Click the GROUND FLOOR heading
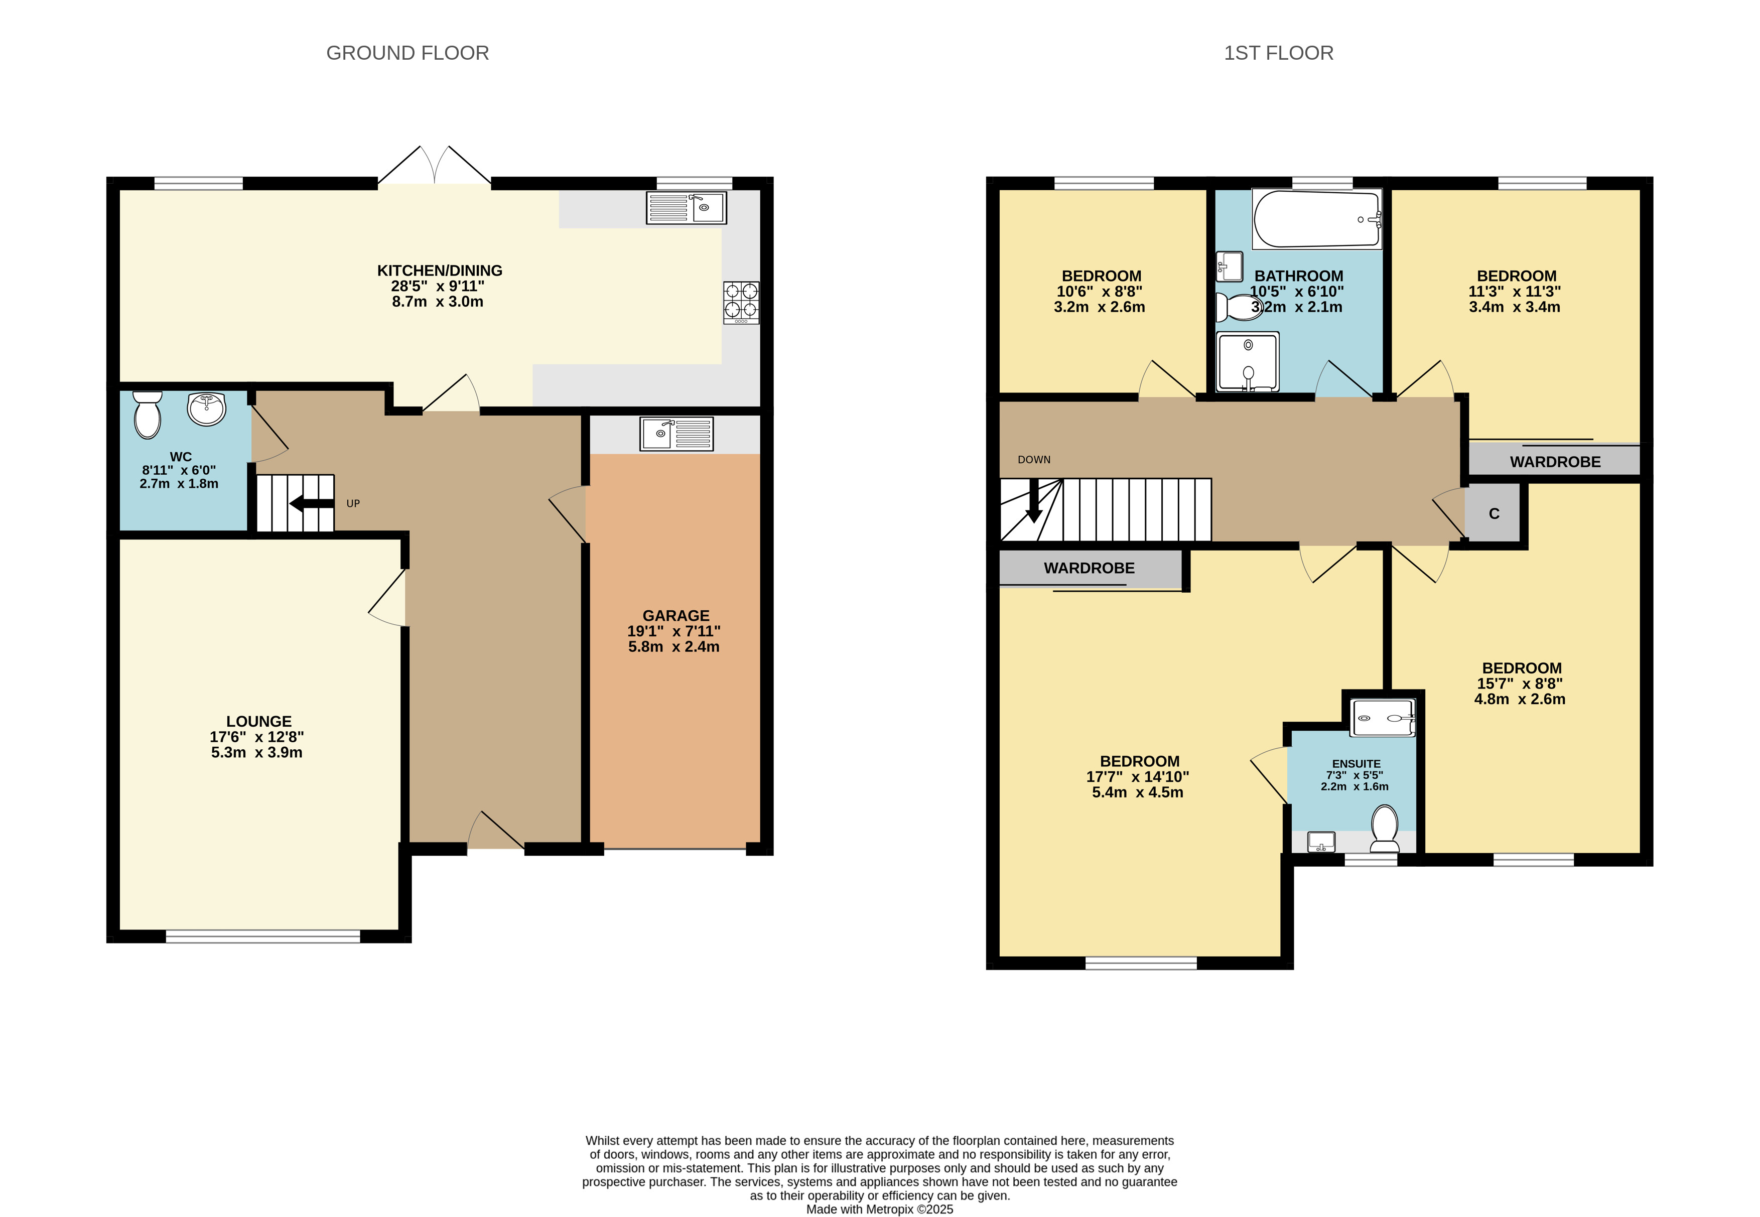407,53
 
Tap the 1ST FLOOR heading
1278,53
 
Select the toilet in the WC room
147,415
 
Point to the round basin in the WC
206,409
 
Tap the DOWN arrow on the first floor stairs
1034,500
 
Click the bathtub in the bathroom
1317,219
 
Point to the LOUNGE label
258,721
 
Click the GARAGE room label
675,615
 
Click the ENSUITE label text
1356,763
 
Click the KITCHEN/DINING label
439,271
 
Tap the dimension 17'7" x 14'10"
1137,777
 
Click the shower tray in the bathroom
1248,362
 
